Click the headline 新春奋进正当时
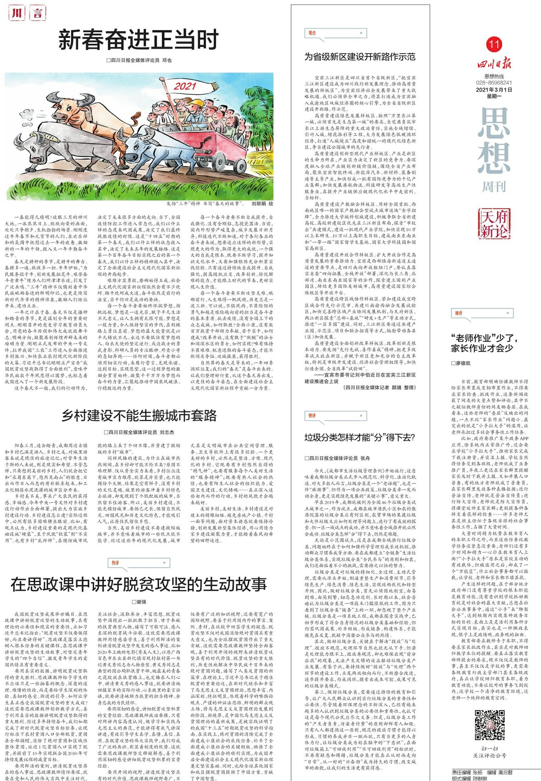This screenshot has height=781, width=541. [x=138, y=40]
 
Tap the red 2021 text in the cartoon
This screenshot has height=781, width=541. [x=185, y=86]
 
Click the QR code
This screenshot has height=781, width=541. [x=490, y=725]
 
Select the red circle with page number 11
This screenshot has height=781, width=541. [x=494, y=44]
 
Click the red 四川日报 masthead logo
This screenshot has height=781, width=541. [x=494, y=63]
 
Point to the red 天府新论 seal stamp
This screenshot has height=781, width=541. [x=494, y=224]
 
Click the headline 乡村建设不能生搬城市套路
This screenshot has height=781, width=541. [x=139, y=415]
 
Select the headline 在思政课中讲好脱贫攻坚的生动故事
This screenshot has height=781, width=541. [x=138, y=585]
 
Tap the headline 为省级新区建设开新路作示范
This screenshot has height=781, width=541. [x=359, y=57]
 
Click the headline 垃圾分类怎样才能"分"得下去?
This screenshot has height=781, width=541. [x=359, y=437]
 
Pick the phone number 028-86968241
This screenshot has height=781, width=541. [x=494, y=83]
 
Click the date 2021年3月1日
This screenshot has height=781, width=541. [x=494, y=90]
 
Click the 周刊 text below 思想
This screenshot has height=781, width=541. [x=494, y=187]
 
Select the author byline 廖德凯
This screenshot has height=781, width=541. [x=462, y=363]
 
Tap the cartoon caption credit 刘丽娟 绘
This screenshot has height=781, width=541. [x=262, y=204]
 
